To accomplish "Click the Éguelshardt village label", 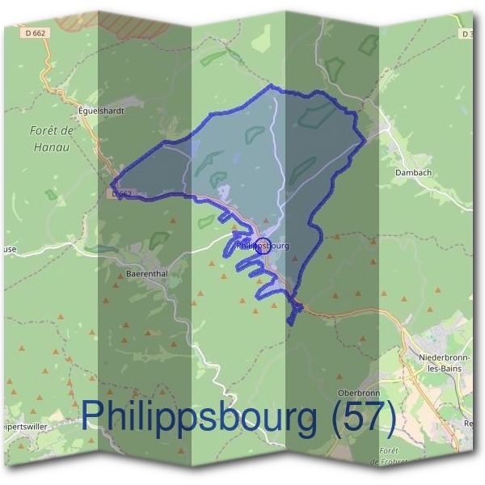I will click(102, 110).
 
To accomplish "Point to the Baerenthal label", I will click(146, 274).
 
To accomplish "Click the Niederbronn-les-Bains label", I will click(441, 361).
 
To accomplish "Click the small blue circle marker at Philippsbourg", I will click(263, 246).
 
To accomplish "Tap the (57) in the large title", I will click(362, 417).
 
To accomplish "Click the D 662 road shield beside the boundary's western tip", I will click(121, 194).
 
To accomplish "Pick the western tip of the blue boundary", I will click(112, 183).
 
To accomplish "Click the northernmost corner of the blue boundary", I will click(272, 86).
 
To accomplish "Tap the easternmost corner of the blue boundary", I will click(365, 139).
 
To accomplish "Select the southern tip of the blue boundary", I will click(290, 323).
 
